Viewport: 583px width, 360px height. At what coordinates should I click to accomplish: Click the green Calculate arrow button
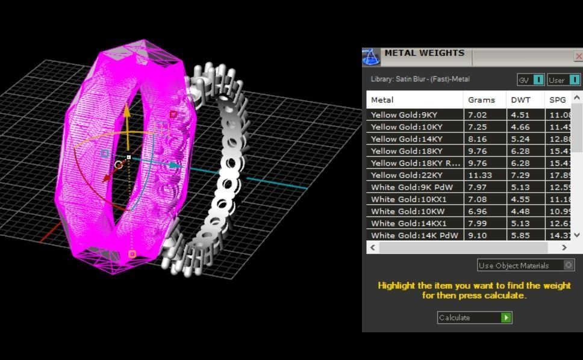[x=506, y=318]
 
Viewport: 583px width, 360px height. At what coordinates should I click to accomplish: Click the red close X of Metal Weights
[x=579, y=57]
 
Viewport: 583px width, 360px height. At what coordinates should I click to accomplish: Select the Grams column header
[x=481, y=100]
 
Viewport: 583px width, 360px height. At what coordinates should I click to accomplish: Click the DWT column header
[x=520, y=100]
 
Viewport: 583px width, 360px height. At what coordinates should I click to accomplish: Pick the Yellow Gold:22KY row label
[x=407, y=175]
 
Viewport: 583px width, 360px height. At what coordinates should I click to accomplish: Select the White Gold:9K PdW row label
[x=411, y=187]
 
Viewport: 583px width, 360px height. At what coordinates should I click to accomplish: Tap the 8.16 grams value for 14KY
[x=478, y=139]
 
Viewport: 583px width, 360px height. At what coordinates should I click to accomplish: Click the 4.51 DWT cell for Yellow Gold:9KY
[x=520, y=115]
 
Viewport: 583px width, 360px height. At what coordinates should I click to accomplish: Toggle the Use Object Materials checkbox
[x=569, y=265]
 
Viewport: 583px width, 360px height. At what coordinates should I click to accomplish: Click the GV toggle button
[x=538, y=79]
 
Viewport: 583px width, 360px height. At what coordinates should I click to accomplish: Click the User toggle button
[x=575, y=79]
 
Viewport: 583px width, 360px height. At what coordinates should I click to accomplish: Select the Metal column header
[x=382, y=100]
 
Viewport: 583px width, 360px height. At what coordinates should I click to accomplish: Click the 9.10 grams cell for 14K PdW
[x=478, y=235]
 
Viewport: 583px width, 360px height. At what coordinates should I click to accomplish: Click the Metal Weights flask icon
[x=371, y=57]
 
